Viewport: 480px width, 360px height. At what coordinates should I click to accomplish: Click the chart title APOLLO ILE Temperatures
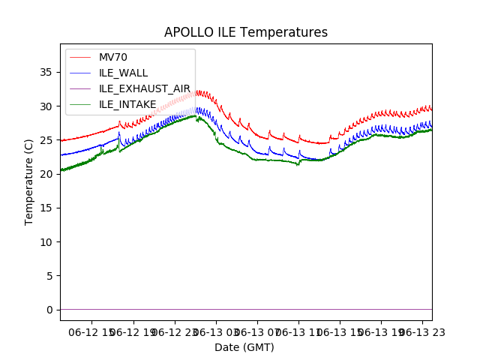(246, 33)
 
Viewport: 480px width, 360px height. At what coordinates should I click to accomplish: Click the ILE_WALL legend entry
(123, 73)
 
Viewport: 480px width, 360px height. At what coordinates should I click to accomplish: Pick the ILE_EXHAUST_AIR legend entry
(144, 88)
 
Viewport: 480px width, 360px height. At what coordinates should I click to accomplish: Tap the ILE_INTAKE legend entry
(127, 104)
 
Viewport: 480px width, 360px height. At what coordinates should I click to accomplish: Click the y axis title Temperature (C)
(29, 181)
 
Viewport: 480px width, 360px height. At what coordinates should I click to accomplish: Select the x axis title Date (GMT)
(244, 347)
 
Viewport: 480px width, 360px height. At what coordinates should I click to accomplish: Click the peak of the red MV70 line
(196, 91)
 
